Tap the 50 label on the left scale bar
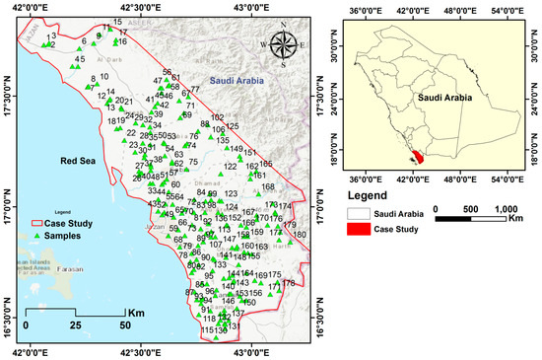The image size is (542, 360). tap(124, 324)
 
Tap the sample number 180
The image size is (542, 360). tap(301, 234)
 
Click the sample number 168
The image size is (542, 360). tap(268, 186)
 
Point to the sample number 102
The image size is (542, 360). tap(218, 117)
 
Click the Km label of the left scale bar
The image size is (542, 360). tap(137, 313)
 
